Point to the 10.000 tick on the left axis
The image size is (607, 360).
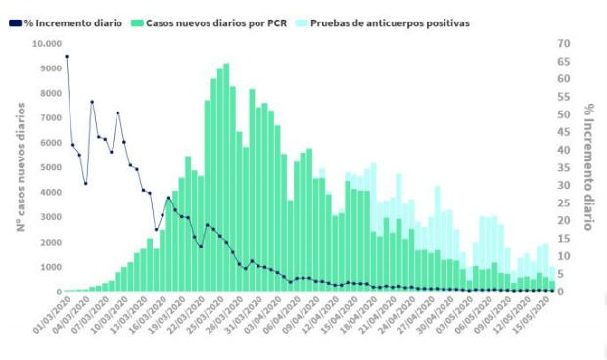point(45,44)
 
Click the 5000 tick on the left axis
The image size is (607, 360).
point(50,167)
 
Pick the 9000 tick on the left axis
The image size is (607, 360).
point(50,68)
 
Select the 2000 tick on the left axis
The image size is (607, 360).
point(50,242)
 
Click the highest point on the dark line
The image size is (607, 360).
point(67,56)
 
